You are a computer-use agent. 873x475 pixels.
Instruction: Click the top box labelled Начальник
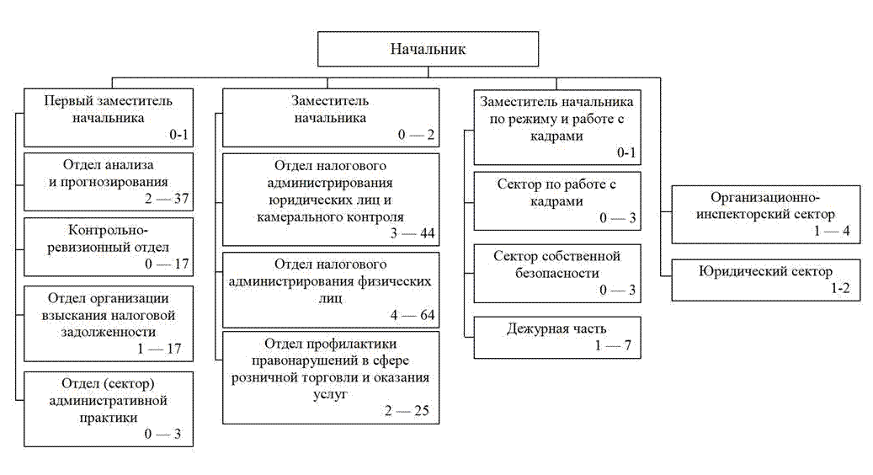(x=428, y=49)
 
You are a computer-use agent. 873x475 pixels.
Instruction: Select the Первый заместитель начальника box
(x=108, y=117)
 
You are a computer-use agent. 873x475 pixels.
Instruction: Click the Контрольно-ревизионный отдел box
(x=108, y=246)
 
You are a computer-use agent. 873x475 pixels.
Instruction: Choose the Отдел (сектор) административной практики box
(x=108, y=408)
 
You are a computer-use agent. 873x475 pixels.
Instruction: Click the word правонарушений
(x=330, y=360)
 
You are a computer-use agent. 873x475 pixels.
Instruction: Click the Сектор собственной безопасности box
(x=556, y=271)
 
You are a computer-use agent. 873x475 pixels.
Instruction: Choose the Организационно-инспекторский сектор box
(x=764, y=214)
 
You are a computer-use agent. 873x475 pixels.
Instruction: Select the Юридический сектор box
(x=764, y=280)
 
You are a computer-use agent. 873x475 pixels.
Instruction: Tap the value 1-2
(x=842, y=288)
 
